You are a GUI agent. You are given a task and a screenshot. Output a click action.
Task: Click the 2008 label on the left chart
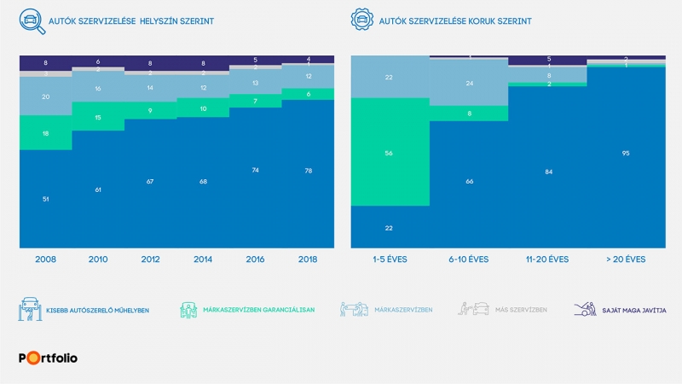click(x=45, y=259)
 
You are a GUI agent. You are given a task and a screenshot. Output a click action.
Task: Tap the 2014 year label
click(x=203, y=259)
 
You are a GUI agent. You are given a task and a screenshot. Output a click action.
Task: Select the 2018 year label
click(x=308, y=259)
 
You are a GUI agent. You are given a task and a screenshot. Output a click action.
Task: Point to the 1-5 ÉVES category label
click(x=390, y=259)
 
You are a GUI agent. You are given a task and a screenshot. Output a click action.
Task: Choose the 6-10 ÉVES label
click(x=468, y=259)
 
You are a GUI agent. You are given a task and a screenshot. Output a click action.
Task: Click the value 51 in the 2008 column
click(x=45, y=199)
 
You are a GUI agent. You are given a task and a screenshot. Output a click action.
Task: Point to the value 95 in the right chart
click(x=625, y=154)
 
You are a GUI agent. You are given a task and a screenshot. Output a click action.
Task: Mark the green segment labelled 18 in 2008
click(x=45, y=133)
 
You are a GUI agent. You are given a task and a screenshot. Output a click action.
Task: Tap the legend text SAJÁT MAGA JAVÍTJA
click(x=631, y=311)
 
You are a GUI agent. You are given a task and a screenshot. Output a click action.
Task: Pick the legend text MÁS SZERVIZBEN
click(x=522, y=311)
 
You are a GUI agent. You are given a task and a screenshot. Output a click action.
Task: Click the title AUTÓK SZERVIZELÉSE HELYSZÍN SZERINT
click(x=130, y=19)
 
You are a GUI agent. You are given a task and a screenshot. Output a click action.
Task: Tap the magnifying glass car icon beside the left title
click(x=31, y=20)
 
